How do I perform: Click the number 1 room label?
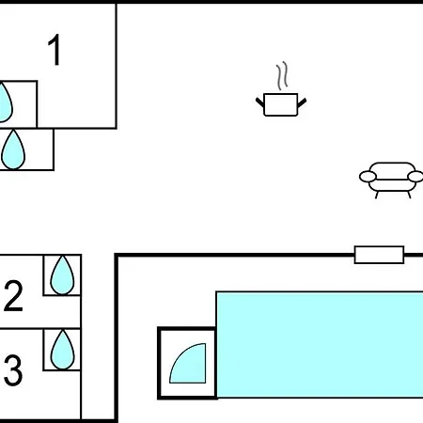[55, 50]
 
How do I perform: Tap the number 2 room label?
[13, 295]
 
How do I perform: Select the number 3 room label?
[13, 370]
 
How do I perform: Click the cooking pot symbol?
[281, 104]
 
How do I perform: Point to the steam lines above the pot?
[282, 75]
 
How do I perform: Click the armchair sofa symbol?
[391, 180]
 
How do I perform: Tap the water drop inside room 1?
[6, 102]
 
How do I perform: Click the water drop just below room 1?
[13, 149]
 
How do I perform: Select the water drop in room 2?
[62, 275]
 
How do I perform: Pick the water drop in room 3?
[62, 350]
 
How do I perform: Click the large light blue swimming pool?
[320, 345]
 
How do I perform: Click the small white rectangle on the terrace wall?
[379, 255]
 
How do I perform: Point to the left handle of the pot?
[260, 102]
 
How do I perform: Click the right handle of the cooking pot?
[302, 102]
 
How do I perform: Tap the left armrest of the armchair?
[368, 177]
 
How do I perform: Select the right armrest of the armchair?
[415, 177]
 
